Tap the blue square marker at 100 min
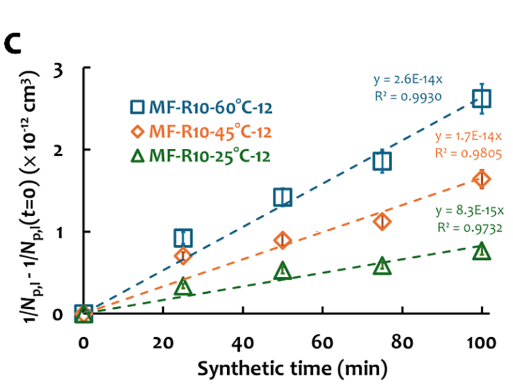(x=482, y=98)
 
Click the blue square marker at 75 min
(x=382, y=161)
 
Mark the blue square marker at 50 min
(x=283, y=197)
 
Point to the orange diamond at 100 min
(x=482, y=179)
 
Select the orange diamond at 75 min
(x=382, y=221)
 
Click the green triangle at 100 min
(x=482, y=251)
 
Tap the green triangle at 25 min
(x=183, y=287)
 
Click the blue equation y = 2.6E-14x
(x=408, y=81)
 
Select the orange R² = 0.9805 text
(x=468, y=153)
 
